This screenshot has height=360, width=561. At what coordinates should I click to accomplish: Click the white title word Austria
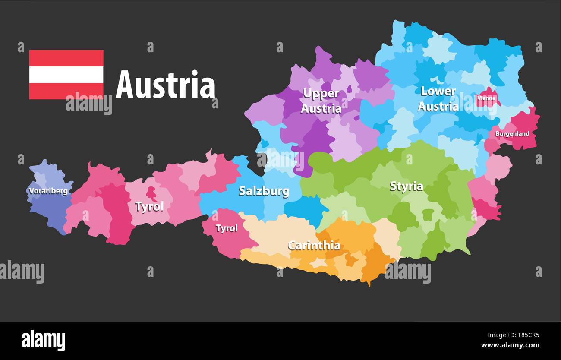165,85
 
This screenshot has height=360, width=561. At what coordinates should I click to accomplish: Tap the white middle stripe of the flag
66,75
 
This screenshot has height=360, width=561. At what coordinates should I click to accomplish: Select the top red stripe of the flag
66,58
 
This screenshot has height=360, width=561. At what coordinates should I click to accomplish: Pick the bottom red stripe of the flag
66,91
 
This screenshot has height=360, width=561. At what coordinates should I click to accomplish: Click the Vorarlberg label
48,191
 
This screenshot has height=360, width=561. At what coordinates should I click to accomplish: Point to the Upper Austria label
321,101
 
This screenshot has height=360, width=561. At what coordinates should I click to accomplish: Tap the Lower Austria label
438,99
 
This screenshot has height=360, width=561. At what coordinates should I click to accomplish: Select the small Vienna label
486,98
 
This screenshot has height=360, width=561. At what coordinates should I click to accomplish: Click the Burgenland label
512,134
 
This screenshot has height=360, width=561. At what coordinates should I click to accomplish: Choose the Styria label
406,186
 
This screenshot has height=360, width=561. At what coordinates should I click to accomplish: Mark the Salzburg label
264,191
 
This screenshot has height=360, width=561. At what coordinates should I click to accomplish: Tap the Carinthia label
314,246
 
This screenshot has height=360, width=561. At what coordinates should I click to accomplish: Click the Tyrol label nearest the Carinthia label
227,228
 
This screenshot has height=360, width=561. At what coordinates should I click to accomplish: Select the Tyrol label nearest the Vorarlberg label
149,207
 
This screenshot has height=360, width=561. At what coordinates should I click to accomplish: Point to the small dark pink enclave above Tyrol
151,193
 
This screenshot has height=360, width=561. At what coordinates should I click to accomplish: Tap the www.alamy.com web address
510,345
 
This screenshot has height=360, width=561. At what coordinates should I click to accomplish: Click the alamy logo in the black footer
43,340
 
